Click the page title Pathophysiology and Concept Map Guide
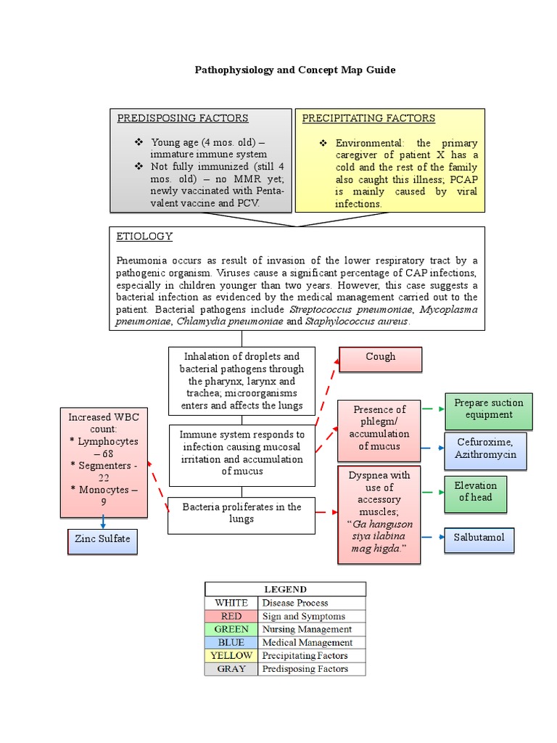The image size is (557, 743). [x=295, y=70]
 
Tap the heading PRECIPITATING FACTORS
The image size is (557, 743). [x=368, y=118]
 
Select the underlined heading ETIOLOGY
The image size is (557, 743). [x=144, y=237]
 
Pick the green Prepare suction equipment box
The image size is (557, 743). [x=488, y=410]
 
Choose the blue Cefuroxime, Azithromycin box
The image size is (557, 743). [x=485, y=449]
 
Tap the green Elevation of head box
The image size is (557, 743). [x=475, y=493]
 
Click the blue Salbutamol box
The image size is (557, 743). [x=479, y=538]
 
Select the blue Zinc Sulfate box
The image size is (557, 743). [x=102, y=540]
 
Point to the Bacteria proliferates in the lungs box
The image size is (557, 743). [x=242, y=514]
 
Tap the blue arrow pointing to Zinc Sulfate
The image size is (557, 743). [x=103, y=522]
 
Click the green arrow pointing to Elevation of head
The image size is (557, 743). [x=432, y=493]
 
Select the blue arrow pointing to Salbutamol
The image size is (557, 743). [x=432, y=538]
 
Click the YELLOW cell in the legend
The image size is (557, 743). [x=231, y=656]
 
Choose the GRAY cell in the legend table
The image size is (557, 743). [x=231, y=669]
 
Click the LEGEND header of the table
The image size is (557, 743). [x=285, y=589]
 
